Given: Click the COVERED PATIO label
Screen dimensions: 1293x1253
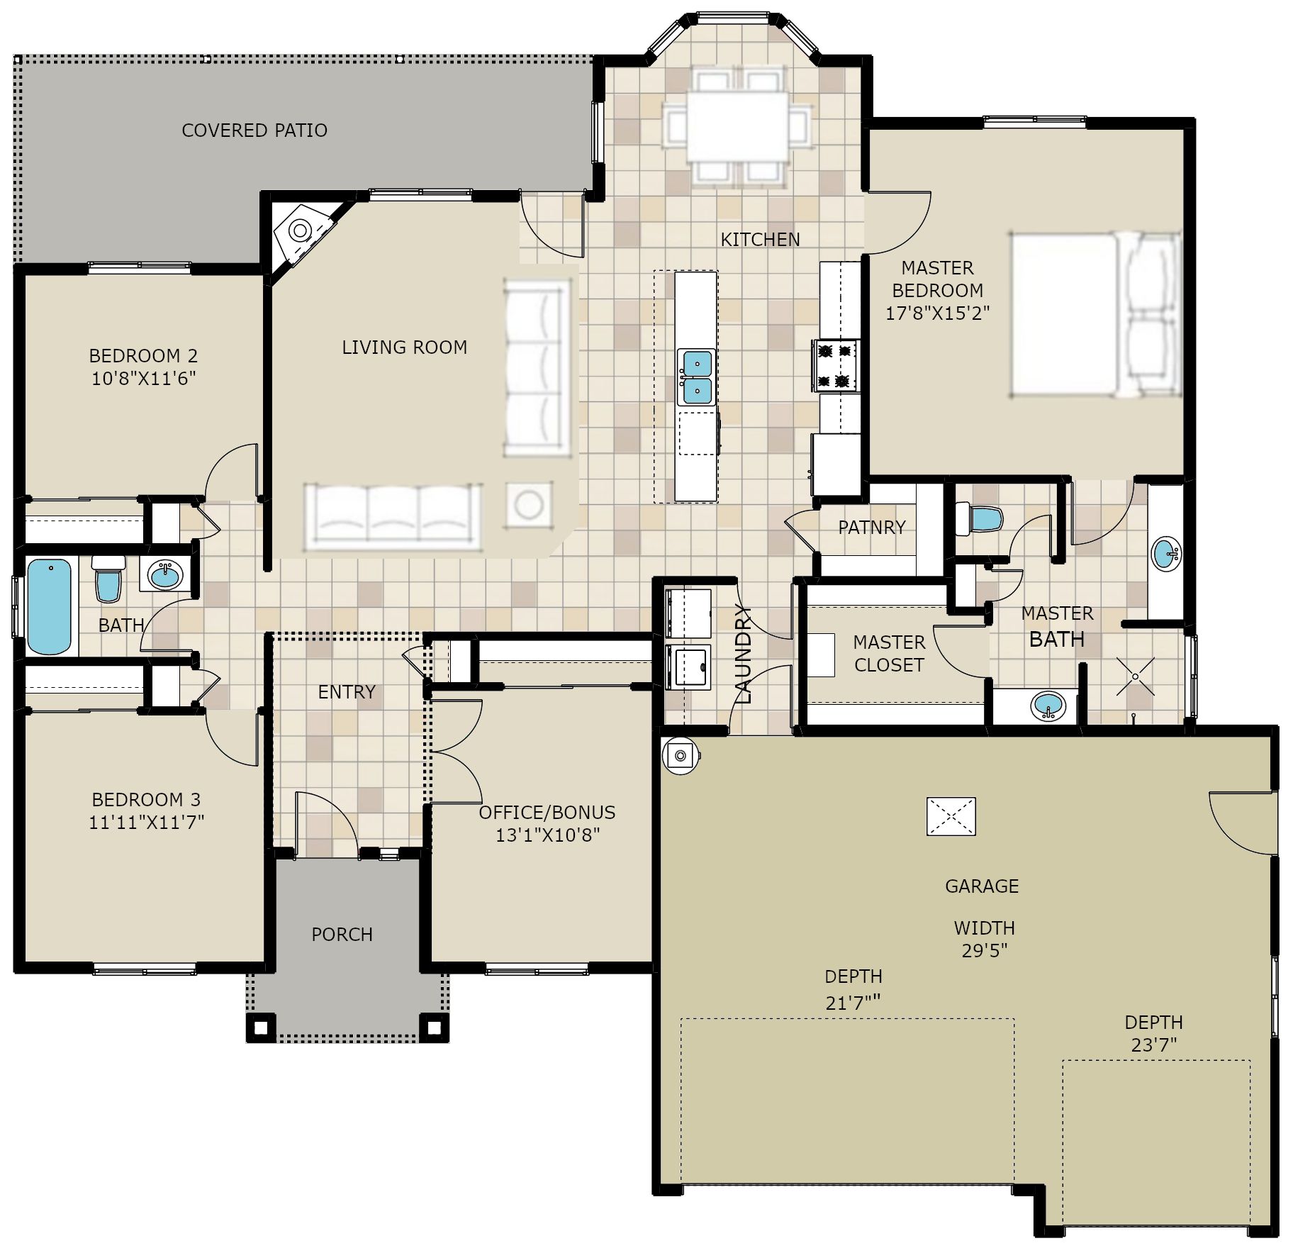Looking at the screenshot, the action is pos(254,130).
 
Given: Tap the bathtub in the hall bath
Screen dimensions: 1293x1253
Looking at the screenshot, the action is pos(50,607).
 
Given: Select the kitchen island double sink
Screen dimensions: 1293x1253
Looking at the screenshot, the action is pos(695,377).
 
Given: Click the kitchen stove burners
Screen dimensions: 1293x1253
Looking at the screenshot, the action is pos(836,365).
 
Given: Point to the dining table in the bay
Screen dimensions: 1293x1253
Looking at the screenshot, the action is pos(737,126).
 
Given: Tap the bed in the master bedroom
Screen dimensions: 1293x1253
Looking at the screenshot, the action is pos(1095,314).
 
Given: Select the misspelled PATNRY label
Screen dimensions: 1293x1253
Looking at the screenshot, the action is pos(872,528).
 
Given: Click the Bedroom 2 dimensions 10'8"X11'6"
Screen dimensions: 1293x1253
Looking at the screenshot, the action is pos(144,378).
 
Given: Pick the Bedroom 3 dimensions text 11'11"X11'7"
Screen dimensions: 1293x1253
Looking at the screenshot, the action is pos(146,823).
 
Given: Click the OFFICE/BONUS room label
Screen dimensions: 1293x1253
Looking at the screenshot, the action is pos(547,813).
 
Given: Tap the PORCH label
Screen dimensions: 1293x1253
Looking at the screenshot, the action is pos(342,935).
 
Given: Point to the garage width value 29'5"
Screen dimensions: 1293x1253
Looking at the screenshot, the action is pos(985,951).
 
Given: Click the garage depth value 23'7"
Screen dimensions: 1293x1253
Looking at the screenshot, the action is pos(1154,1045).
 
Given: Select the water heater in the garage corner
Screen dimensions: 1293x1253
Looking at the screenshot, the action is pos(681,756).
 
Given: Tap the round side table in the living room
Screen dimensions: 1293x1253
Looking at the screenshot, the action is pos(528,505).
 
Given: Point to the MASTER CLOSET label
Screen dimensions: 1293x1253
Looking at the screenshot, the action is pos(889,654).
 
